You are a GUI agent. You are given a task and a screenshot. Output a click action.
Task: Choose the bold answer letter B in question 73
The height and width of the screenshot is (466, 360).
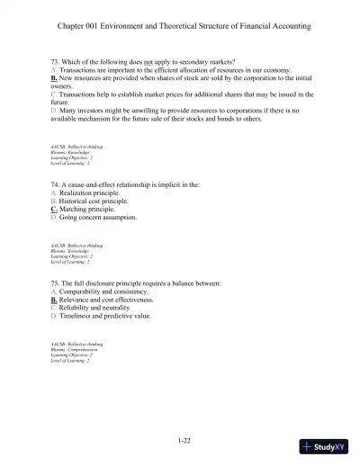coord(55,77)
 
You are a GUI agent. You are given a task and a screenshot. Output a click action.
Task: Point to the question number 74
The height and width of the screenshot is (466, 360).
coord(55,183)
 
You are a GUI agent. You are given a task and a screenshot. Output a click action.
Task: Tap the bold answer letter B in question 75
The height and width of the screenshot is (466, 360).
coord(55,300)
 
